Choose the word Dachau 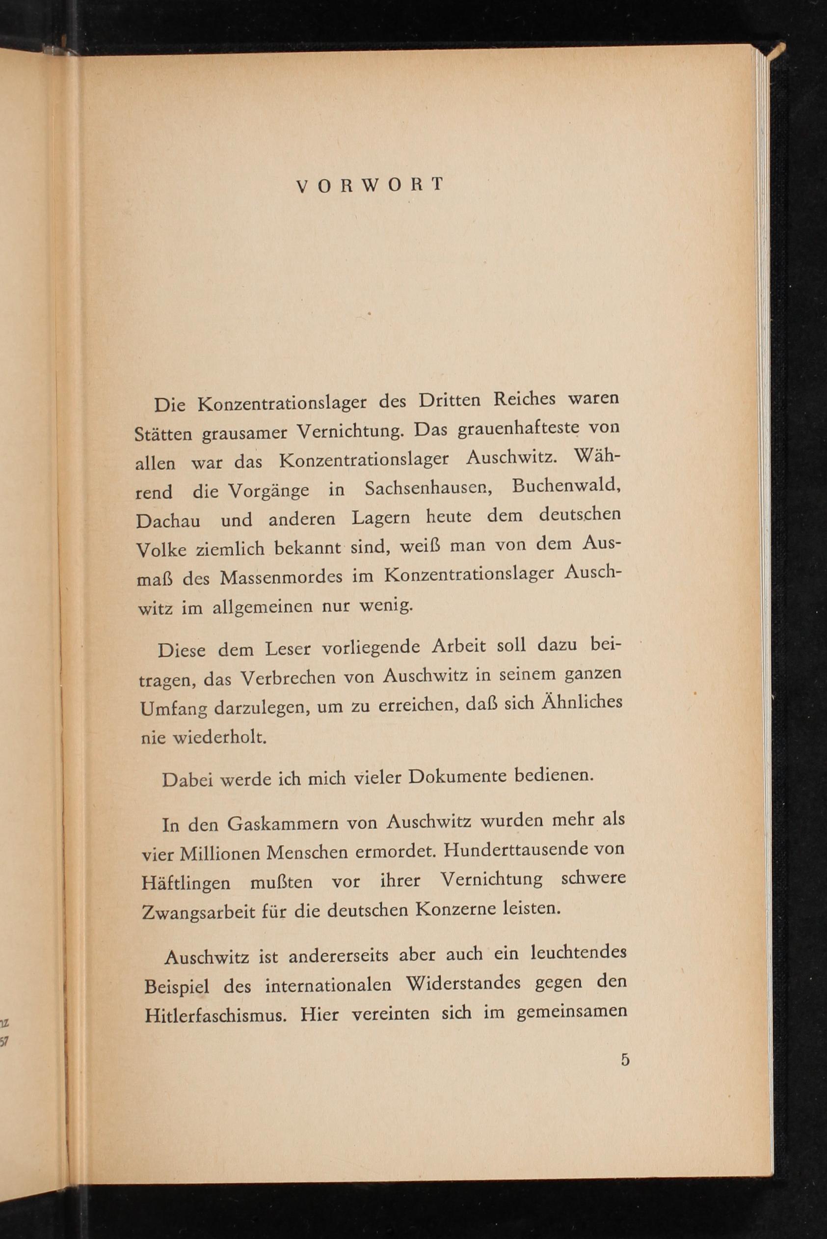(x=168, y=522)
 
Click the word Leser (x=288, y=649)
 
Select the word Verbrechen (x=288, y=678)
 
